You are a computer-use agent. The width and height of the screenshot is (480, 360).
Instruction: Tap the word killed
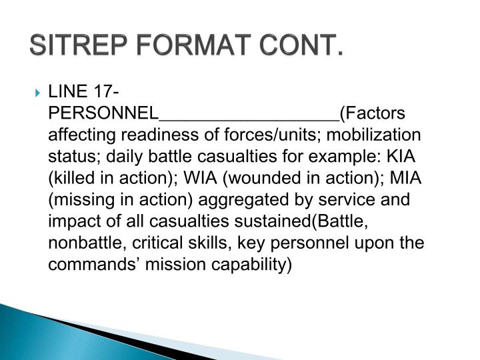[75, 178]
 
